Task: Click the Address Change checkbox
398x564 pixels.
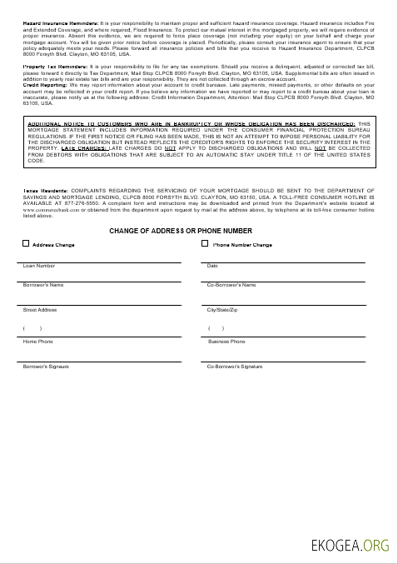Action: pyautogui.click(x=25, y=244)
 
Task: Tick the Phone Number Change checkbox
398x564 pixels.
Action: pyautogui.click(x=205, y=244)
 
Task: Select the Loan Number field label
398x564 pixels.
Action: pyautogui.click(x=39, y=266)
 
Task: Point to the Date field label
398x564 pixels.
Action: pyautogui.click(x=212, y=266)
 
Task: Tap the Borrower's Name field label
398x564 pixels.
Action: pyautogui.click(x=43, y=285)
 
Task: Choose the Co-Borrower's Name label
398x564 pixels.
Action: pyautogui.click(x=231, y=285)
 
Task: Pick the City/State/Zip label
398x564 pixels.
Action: pyautogui.click(x=223, y=310)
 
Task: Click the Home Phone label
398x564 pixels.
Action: pyautogui.click(x=37, y=342)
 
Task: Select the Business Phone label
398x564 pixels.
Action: pyautogui.click(x=226, y=342)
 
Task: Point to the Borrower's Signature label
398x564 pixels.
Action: pyautogui.click(x=46, y=367)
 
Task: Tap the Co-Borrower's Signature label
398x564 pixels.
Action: pyautogui.click(x=235, y=367)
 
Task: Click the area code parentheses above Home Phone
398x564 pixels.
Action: pyautogui.click(x=32, y=328)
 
